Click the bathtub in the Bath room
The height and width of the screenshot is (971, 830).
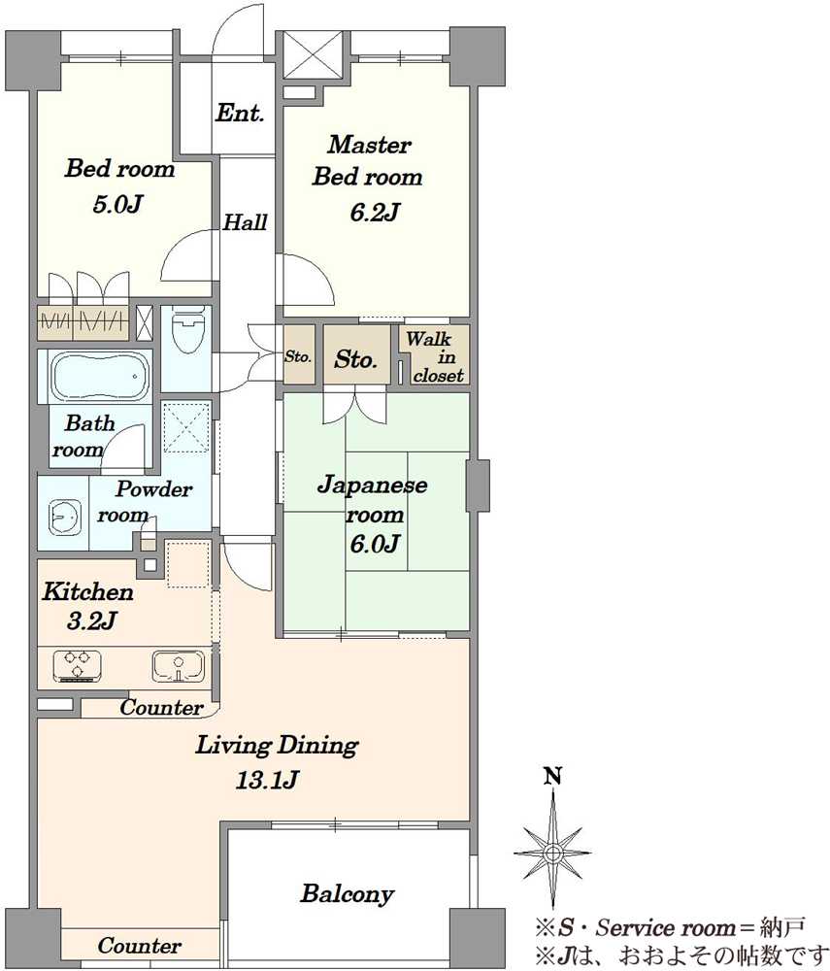coord(100,377)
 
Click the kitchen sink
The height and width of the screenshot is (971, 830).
coord(178,666)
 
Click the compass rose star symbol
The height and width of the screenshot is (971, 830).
coord(552,853)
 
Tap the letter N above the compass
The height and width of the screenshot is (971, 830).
coord(552,775)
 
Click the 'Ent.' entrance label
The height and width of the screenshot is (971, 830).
coord(240,113)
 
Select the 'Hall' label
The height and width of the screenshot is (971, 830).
coord(245,221)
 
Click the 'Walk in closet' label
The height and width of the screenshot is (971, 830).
coord(435,357)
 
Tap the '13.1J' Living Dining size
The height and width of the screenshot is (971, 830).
coord(267,780)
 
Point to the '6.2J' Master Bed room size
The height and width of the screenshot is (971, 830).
coord(374,213)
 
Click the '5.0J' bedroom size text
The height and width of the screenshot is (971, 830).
coord(117,204)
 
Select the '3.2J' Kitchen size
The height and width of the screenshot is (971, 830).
coord(91,619)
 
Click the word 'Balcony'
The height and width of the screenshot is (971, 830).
coord(348,893)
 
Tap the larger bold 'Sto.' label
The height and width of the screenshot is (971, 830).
coord(356,358)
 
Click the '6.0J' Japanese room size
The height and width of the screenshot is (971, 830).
coord(375,544)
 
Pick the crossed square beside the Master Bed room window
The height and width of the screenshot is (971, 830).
coord(313,54)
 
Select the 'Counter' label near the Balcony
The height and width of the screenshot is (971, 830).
coord(139,946)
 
